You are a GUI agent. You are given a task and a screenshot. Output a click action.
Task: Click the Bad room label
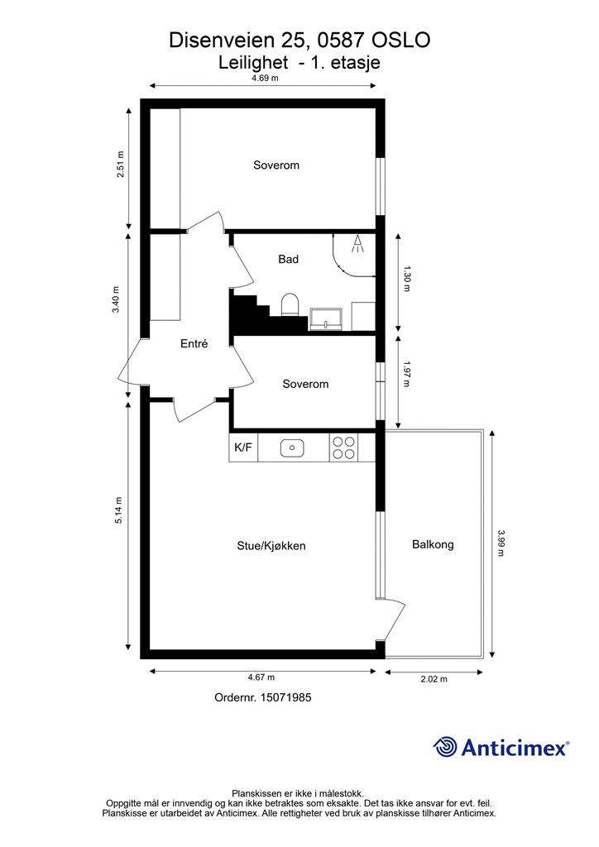pos(289,259)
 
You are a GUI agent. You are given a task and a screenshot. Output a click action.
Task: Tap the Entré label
pos(194,343)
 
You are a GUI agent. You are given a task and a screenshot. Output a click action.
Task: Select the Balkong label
pos(433,544)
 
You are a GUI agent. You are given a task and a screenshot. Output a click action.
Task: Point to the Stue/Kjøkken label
pos(271,546)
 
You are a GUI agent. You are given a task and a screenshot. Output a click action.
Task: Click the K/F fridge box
pos(243,447)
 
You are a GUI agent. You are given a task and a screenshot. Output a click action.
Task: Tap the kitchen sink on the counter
pos(292,447)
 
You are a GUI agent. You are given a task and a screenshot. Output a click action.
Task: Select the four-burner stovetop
pos(344,447)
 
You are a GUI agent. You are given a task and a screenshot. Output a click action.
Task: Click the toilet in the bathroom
pos(290,304)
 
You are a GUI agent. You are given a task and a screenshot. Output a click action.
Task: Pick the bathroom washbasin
pos(326,318)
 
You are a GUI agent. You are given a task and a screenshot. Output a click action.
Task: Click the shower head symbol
pos(357,244)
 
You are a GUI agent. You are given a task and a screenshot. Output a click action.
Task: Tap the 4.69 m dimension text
pos(265,78)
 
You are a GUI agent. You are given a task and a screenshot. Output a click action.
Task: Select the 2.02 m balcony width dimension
pos(434,679)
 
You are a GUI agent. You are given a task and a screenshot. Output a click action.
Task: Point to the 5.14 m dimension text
pos(119,510)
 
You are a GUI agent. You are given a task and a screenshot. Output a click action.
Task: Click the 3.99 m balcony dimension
pos(501,543)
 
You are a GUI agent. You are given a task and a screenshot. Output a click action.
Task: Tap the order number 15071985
pos(285,697)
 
